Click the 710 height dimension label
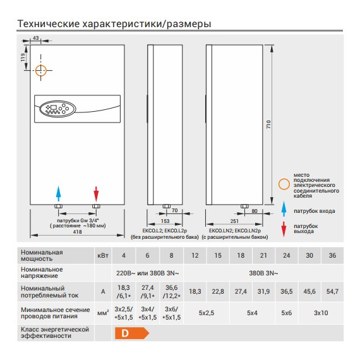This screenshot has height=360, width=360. point(268,124)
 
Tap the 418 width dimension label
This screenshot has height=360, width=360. point(78,232)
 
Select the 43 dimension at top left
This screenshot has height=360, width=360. point(36,38)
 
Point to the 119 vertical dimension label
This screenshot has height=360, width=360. point(23,57)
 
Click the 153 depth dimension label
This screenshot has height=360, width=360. point(165,221)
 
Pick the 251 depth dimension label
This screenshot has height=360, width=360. point(234,221)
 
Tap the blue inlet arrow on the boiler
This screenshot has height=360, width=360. point(59,194)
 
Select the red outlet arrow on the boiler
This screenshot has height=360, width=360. point(96,195)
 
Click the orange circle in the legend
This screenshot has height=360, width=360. point(284,184)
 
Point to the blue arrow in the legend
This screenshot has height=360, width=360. point(284,209)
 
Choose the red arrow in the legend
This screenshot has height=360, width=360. point(284,229)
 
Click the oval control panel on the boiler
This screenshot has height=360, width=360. point(57,109)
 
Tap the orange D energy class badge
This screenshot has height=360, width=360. point(132,333)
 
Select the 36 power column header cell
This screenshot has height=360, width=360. point(332,255)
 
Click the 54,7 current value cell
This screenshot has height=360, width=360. point(332,291)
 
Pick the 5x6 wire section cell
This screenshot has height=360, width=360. point(287,313)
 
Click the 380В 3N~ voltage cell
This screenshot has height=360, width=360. point(263,273)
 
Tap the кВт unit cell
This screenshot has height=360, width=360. point(103,255)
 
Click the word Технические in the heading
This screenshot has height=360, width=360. point(48,23)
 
